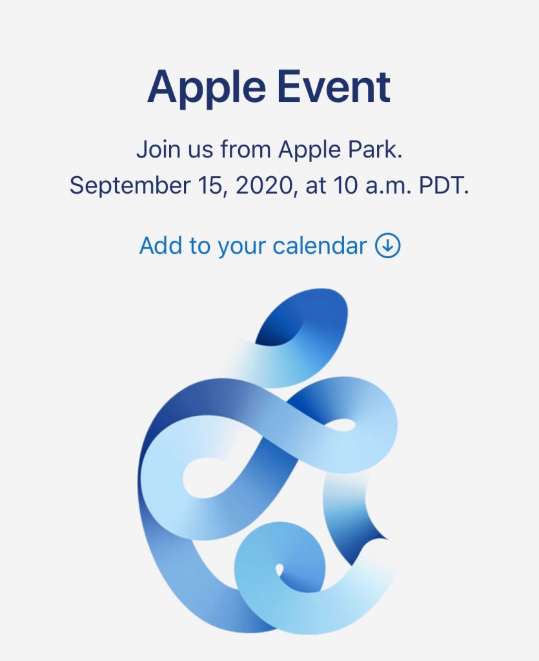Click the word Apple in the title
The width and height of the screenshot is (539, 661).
207,89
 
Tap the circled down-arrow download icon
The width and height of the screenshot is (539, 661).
388,246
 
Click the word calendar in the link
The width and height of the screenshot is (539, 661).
320,245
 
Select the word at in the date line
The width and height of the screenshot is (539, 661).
315,187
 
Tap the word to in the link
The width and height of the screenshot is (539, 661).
199,246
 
